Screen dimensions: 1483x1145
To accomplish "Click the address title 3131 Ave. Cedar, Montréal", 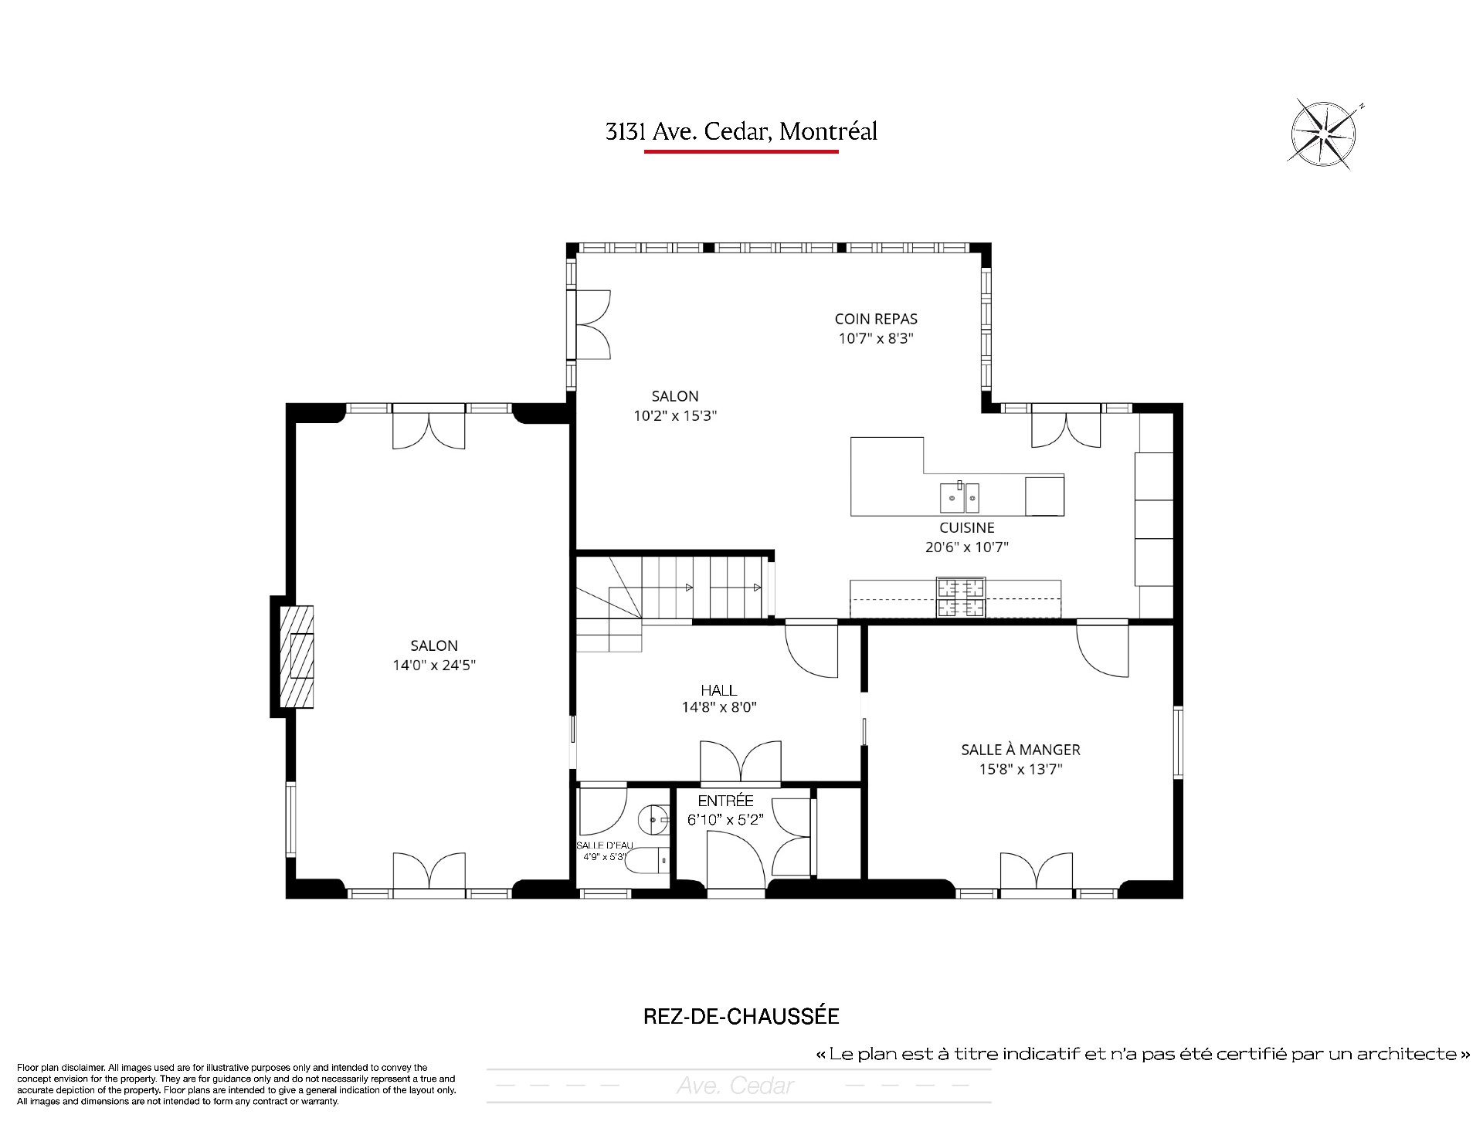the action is coord(741,131).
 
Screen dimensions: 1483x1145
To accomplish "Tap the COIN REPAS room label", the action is coord(876,319).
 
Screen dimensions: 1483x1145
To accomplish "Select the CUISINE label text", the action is coord(967,528).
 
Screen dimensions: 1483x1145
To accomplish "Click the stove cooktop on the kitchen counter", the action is coord(962,597).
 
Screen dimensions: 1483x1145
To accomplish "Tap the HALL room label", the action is coord(718,689).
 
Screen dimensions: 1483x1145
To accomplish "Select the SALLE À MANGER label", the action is coord(1020,749).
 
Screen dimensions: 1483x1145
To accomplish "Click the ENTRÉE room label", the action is coord(725,801).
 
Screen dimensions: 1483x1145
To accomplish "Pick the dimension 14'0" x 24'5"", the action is coord(433,665).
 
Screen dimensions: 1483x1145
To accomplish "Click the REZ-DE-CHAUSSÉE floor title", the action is coord(741,1016).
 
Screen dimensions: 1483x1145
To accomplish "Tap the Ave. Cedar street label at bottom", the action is coord(735,1086).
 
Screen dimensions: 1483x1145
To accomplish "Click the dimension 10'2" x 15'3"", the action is coord(675,415).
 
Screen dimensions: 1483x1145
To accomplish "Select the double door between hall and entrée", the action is coord(741,763).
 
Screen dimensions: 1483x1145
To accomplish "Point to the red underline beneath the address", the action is coord(741,151).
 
